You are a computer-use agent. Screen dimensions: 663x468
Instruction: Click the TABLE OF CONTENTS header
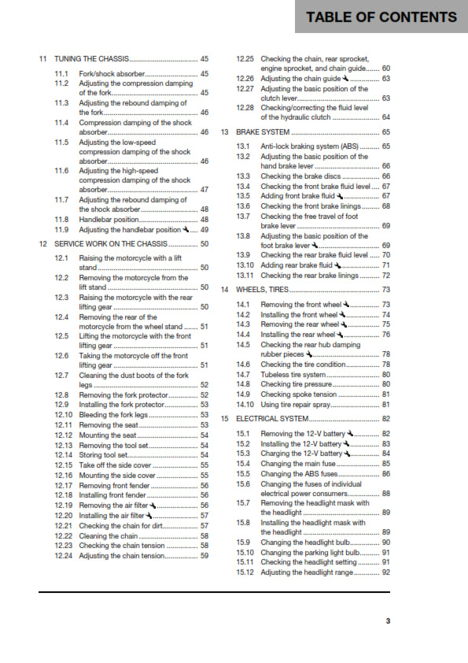click(x=381, y=17)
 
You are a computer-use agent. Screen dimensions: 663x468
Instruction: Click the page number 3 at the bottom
click(x=388, y=622)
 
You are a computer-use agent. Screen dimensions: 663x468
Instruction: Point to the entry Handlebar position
click(x=110, y=220)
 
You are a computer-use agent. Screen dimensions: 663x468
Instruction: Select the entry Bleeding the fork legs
click(x=113, y=413)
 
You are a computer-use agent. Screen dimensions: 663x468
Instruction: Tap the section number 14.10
click(x=246, y=404)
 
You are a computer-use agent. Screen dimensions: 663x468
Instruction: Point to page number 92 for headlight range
click(x=385, y=572)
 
